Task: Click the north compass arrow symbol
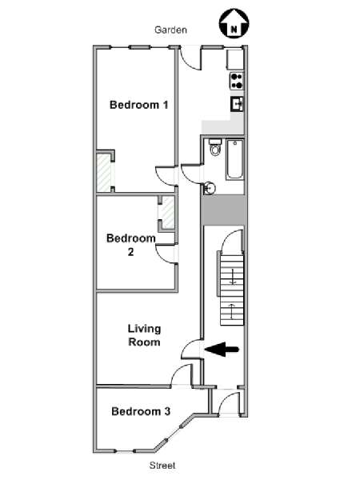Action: click(234, 23)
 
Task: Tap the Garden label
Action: click(170, 30)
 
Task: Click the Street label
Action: click(162, 466)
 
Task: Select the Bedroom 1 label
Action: click(139, 105)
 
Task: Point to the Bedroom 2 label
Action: click(131, 245)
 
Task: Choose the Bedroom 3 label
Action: click(141, 411)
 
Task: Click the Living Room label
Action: click(144, 335)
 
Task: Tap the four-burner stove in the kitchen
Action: click(237, 81)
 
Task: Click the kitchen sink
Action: click(238, 104)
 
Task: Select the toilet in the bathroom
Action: click(215, 147)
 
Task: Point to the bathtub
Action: click(234, 160)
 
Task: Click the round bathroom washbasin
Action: click(210, 188)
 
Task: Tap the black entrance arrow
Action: click(222, 350)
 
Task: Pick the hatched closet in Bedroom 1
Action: click(104, 173)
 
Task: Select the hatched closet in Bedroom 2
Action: click(168, 213)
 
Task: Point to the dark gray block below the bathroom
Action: click(223, 210)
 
